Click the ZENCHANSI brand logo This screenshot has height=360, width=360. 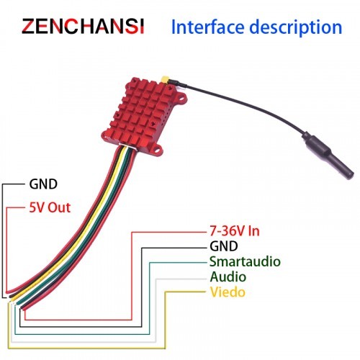click(83, 26)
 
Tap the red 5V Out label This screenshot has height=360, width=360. click(50, 207)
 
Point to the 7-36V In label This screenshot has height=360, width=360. click(235, 231)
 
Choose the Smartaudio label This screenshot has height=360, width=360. click(245, 261)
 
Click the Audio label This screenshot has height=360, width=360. click(228, 276)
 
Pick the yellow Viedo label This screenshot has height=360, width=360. click(228, 292)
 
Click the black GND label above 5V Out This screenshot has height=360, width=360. click(43, 184)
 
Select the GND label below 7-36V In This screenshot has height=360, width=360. click(224, 246)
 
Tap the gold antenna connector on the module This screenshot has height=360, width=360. click(165, 79)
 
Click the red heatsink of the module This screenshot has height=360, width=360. click(143, 112)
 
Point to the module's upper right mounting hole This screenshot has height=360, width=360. click(181, 97)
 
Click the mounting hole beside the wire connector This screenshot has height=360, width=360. click(158, 148)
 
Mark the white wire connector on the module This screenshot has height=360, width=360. click(128, 146)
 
